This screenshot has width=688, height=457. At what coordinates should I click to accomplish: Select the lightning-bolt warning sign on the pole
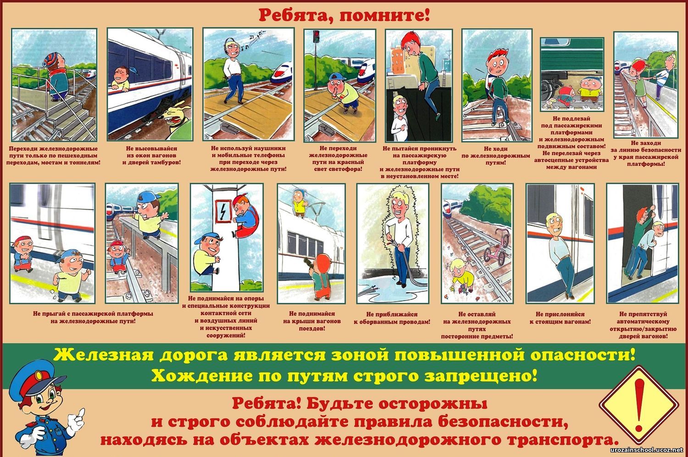223,210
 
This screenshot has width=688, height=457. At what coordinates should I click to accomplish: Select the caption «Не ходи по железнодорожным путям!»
496,155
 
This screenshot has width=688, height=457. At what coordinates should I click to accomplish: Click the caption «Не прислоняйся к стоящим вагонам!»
560,318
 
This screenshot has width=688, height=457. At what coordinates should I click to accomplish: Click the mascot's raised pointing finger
81,413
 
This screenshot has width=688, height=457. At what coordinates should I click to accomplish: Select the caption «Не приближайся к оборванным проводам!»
392,318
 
